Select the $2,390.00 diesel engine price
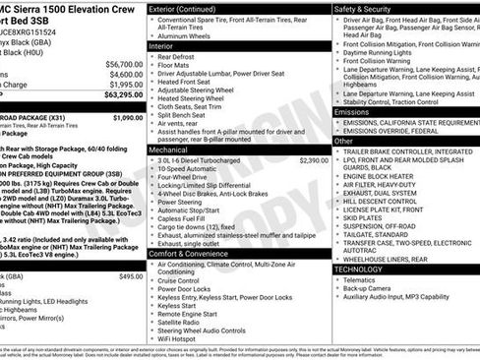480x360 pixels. pyautogui.click(x=313, y=159)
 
